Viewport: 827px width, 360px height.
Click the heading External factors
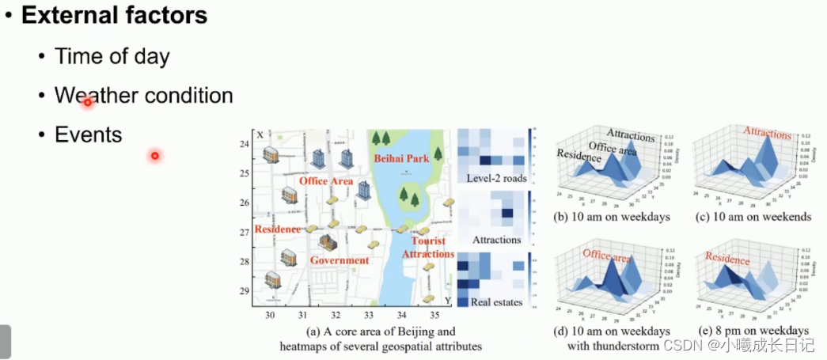point(114,15)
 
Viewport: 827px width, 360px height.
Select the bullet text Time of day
point(112,56)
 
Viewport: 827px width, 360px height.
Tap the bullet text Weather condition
point(143,96)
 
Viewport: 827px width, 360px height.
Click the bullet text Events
point(88,135)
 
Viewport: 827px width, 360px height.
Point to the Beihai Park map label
point(401,158)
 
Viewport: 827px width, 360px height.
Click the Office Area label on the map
point(325,181)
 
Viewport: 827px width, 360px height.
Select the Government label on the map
point(340,260)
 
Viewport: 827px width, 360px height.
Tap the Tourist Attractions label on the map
point(429,247)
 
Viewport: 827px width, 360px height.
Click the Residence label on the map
point(277,229)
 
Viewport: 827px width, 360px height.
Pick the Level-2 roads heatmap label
point(496,179)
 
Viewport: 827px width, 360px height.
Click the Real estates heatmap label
point(496,301)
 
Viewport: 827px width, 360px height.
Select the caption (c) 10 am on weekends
point(753,217)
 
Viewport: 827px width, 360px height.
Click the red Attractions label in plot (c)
point(767,133)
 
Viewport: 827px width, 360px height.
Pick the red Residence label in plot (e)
point(727,258)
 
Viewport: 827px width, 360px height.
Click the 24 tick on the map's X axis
point(244,144)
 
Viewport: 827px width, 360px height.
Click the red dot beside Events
point(155,156)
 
